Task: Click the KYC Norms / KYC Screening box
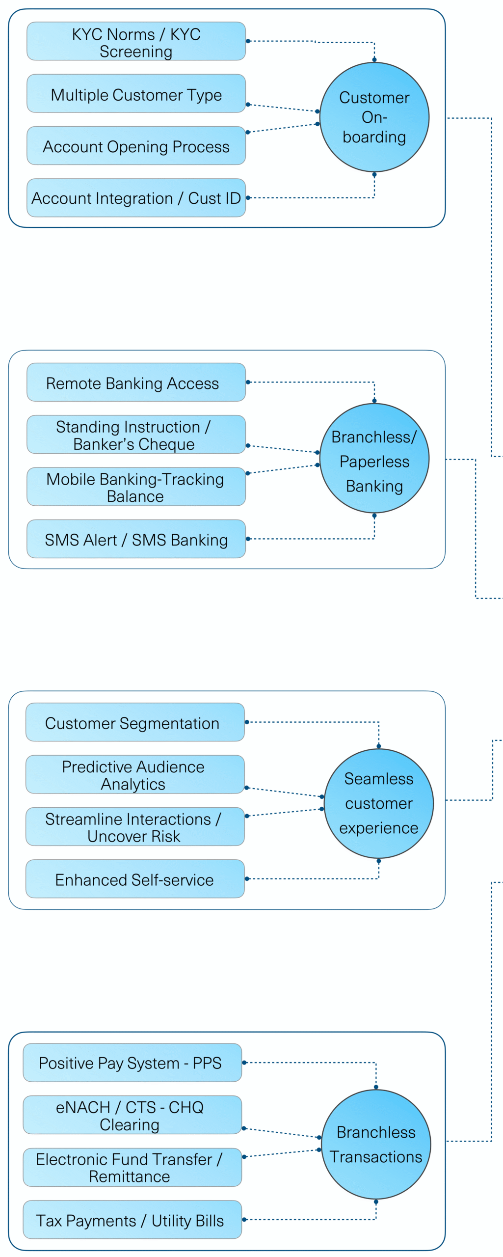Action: coord(136,41)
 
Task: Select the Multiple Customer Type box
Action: coord(136,93)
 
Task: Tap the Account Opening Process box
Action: coord(136,146)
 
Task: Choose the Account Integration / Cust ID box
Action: coord(136,198)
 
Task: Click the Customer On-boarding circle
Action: coord(374,117)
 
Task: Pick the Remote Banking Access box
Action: coord(136,382)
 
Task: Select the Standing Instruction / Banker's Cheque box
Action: coord(136,435)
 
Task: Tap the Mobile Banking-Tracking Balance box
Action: coord(136,487)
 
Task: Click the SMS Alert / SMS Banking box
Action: coord(136,539)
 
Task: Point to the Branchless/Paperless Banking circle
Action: coord(374,458)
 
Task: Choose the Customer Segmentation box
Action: coord(135,722)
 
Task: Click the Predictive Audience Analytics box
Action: coord(135,774)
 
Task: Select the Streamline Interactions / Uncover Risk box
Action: coord(135,826)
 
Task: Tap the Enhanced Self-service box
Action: coord(135,878)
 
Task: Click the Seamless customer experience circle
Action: coord(379,803)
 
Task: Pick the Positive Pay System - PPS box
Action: coord(132,1063)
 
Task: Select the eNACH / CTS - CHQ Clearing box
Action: coord(132,1115)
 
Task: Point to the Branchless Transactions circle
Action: coord(376,1144)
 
